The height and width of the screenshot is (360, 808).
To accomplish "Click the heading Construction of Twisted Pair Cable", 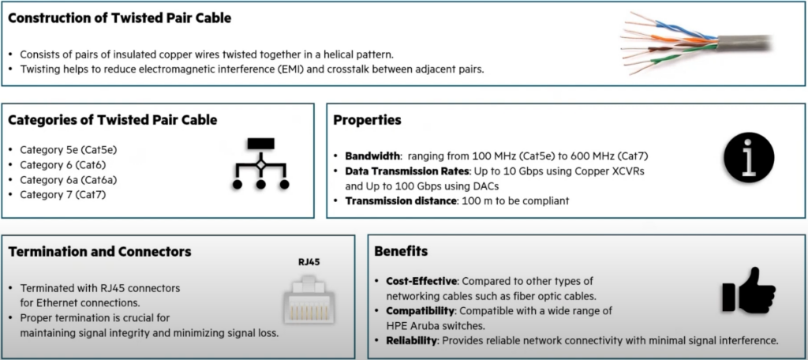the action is point(120,18).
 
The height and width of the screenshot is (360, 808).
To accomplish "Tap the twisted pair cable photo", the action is point(696,44).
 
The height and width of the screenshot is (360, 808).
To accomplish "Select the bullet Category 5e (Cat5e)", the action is point(69,150).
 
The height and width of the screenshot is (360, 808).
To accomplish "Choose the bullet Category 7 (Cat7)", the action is point(63,195).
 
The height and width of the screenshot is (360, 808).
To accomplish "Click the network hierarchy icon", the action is point(260,163).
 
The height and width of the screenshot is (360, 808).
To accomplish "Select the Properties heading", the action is point(368,121).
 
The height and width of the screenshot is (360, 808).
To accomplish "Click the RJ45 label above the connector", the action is point(309,261).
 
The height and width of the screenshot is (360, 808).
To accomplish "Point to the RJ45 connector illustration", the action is point(309,300).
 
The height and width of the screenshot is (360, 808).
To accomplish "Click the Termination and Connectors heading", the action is point(100,252).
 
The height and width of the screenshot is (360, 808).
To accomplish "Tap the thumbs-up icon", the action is point(749,291).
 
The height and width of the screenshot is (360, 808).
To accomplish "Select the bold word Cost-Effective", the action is point(421,281).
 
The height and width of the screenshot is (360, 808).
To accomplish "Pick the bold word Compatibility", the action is point(421,311).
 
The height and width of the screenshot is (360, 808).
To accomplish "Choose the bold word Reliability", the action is point(412,340).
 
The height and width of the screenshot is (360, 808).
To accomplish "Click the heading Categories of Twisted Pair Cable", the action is point(113,120).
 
